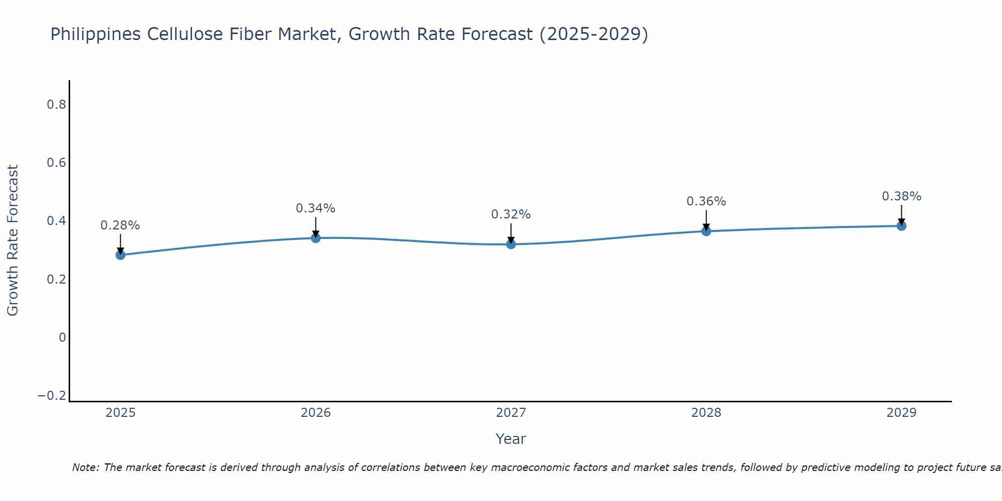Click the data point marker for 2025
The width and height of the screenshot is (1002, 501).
[120, 255]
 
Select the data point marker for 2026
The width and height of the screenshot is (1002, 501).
[316, 238]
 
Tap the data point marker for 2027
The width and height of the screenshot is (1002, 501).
[511, 244]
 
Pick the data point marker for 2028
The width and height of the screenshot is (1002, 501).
[706, 231]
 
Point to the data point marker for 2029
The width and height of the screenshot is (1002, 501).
[901, 226]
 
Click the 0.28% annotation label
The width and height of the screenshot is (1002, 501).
[120, 225]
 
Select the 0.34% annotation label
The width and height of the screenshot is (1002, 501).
[316, 208]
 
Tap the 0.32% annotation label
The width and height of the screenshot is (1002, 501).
[511, 214]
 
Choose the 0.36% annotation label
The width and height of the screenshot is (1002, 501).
[706, 201]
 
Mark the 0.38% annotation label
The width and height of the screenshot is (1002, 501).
[901, 196]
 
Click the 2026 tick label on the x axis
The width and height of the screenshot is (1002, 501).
[316, 413]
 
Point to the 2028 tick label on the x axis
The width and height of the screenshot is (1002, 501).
[706, 413]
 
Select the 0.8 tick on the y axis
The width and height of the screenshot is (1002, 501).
[56, 105]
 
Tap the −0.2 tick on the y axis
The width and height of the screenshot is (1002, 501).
[52, 396]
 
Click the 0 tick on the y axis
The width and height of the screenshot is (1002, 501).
[62, 338]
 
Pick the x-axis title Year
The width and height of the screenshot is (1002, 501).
[511, 439]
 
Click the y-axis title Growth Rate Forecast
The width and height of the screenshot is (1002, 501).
[13, 240]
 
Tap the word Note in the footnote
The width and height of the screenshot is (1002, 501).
[85, 467]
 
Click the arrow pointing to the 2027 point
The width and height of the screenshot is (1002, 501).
[511, 233]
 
